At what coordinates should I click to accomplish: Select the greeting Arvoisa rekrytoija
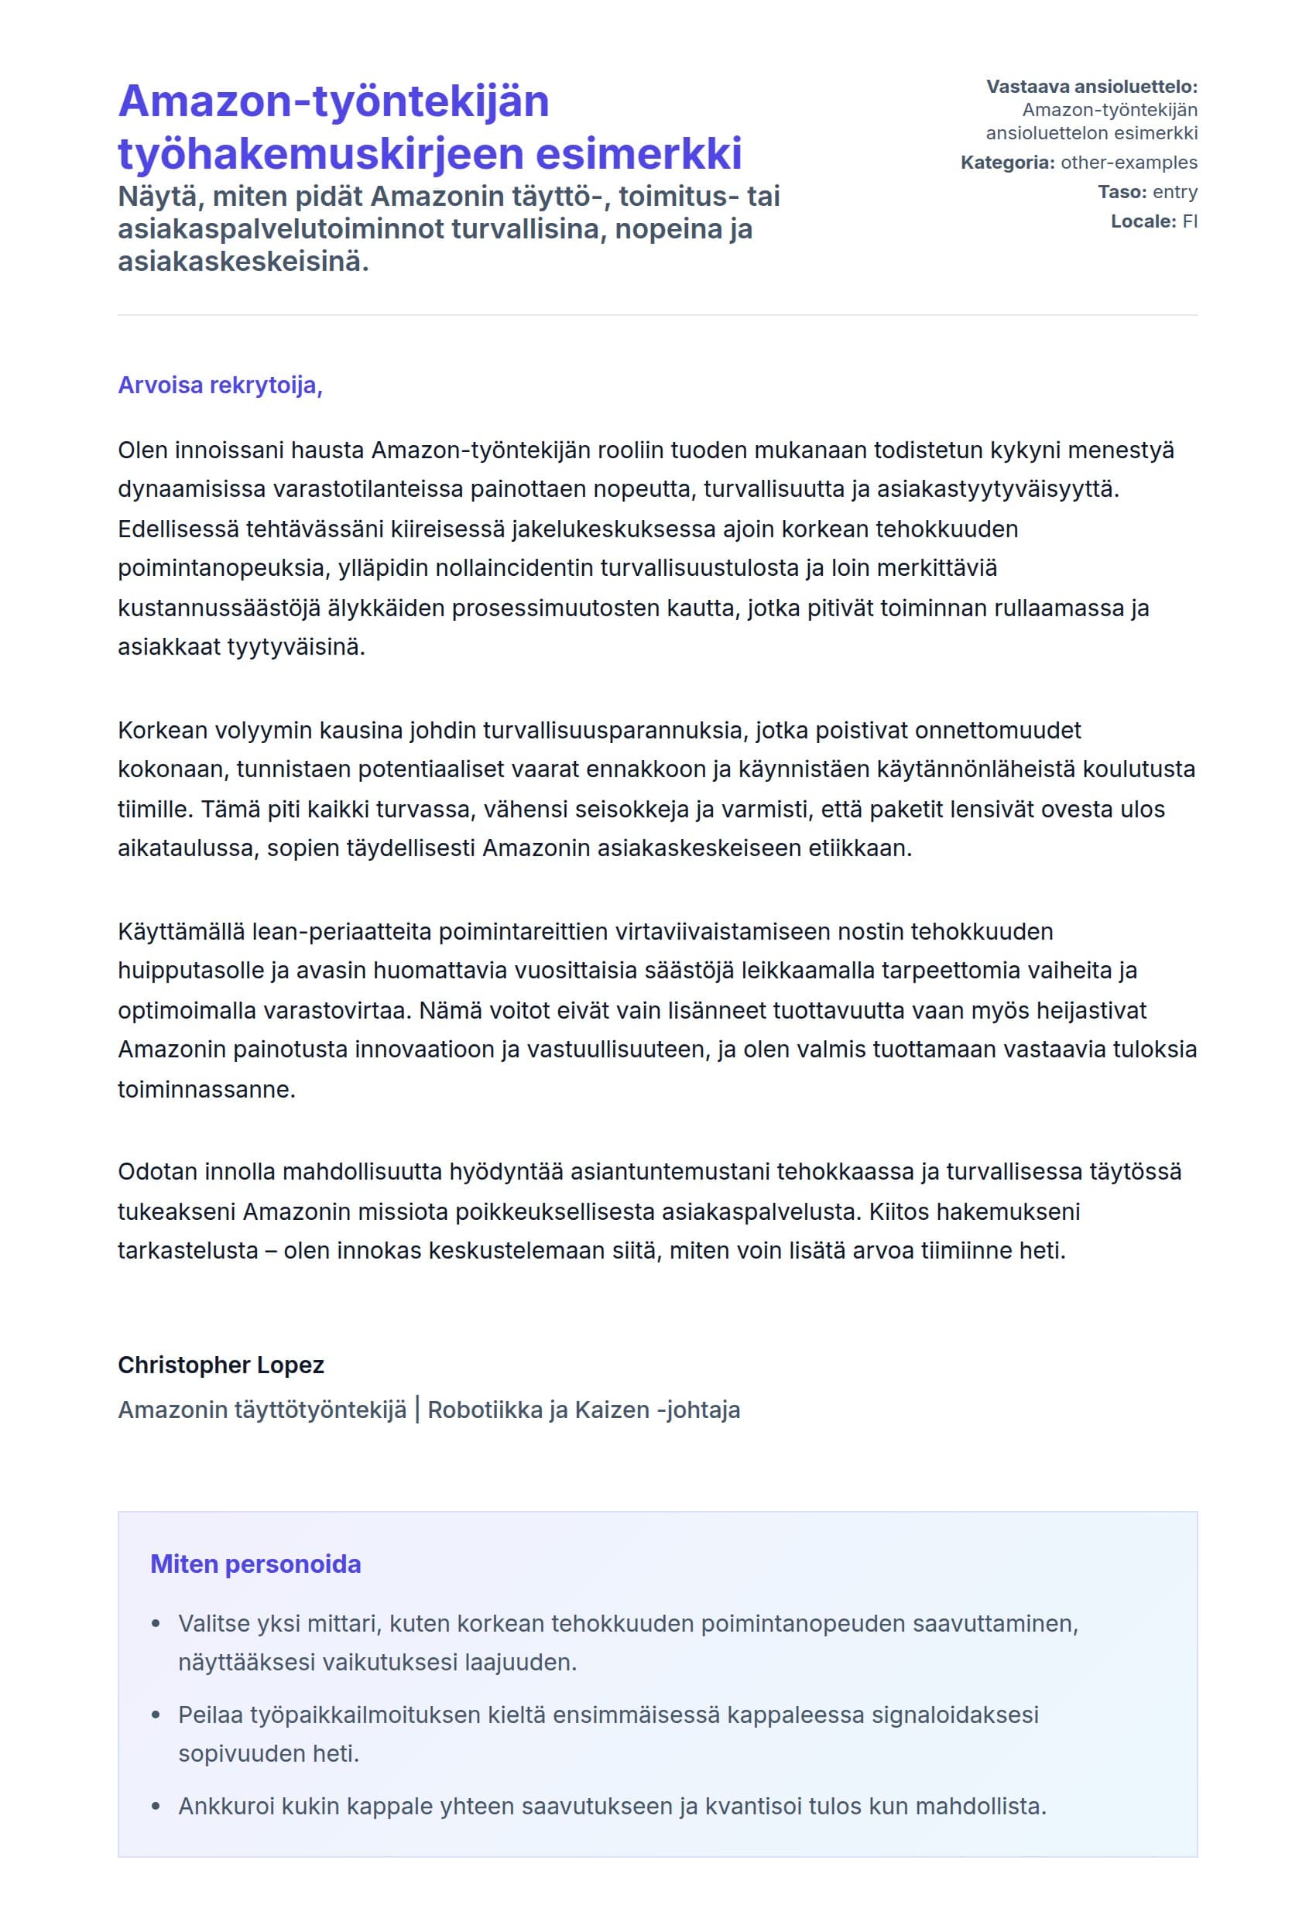click(220, 385)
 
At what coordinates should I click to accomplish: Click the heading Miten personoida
click(255, 1564)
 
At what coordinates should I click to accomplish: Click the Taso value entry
click(1174, 192)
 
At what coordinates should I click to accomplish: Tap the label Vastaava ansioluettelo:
click(1091, 87)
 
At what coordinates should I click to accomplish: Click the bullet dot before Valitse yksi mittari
click(156, 1624)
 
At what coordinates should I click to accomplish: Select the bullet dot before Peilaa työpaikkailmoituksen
click(156, 1715)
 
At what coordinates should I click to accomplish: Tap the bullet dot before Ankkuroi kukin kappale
click(156, 1807)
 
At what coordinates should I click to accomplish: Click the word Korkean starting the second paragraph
click(163, 730)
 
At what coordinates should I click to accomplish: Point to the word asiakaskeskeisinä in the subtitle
click(243, 262)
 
